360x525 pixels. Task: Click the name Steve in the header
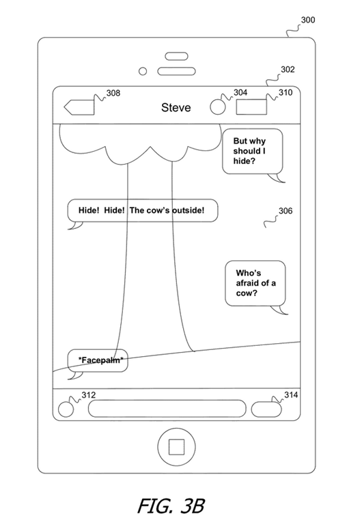(x=176, y=107)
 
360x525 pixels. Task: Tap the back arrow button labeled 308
(x=79, y=107)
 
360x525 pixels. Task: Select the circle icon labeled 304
(x=218, y=107)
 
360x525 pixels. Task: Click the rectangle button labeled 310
(x=251, y=107)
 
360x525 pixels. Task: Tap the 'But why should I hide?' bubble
(x=253, y=151)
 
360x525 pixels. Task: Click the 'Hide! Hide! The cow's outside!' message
(x=143, y=211)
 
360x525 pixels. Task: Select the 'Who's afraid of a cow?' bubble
(x=255, y=283)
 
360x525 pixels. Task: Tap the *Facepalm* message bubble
(x=98, y=361)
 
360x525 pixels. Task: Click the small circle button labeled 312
(x=66, y=409)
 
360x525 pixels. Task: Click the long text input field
(x=167, y=409)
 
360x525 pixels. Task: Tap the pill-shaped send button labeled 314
(x=266, y=409)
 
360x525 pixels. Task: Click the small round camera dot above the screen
(x=143, y=71)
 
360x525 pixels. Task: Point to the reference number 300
(x=308, y=20)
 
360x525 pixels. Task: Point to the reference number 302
(x=288, y=69)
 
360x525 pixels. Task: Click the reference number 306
(x=286, y=211)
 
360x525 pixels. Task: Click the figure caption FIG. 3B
(x=171, y=506)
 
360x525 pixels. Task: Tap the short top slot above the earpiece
(x=176, y=56)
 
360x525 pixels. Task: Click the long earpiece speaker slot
(x=176, y=71)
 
